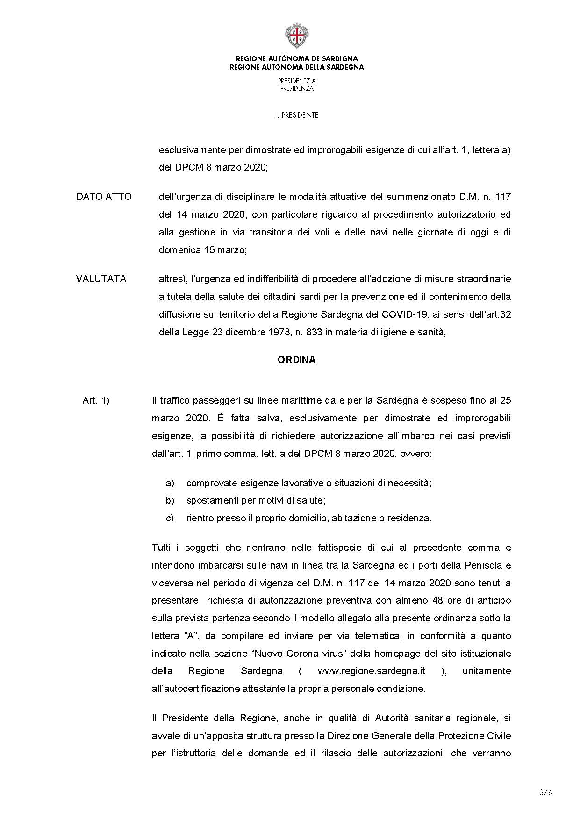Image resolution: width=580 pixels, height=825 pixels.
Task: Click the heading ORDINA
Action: click(x=296, y=360)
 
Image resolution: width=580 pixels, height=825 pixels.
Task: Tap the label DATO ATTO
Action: click(x=104, y=197)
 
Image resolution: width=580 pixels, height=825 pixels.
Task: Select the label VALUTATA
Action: click(x=101, y=279)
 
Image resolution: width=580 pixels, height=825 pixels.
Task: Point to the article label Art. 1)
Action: click(x=96, y=400)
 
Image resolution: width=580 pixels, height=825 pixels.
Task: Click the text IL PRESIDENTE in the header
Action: click(x=296, y=115)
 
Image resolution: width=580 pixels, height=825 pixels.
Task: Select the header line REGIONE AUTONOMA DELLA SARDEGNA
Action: click(x=296, y=67)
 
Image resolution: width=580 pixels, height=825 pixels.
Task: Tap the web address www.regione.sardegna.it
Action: click(x=371, y=671)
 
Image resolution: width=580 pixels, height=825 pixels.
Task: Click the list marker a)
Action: click(x=170, y=483)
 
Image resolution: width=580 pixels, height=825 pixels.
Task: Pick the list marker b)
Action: click(x=170, y=500)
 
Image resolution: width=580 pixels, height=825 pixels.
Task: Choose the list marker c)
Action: click(x=170, y=518)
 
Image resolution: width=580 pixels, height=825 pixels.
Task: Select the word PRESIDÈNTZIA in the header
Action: click(x=296, y=81)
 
